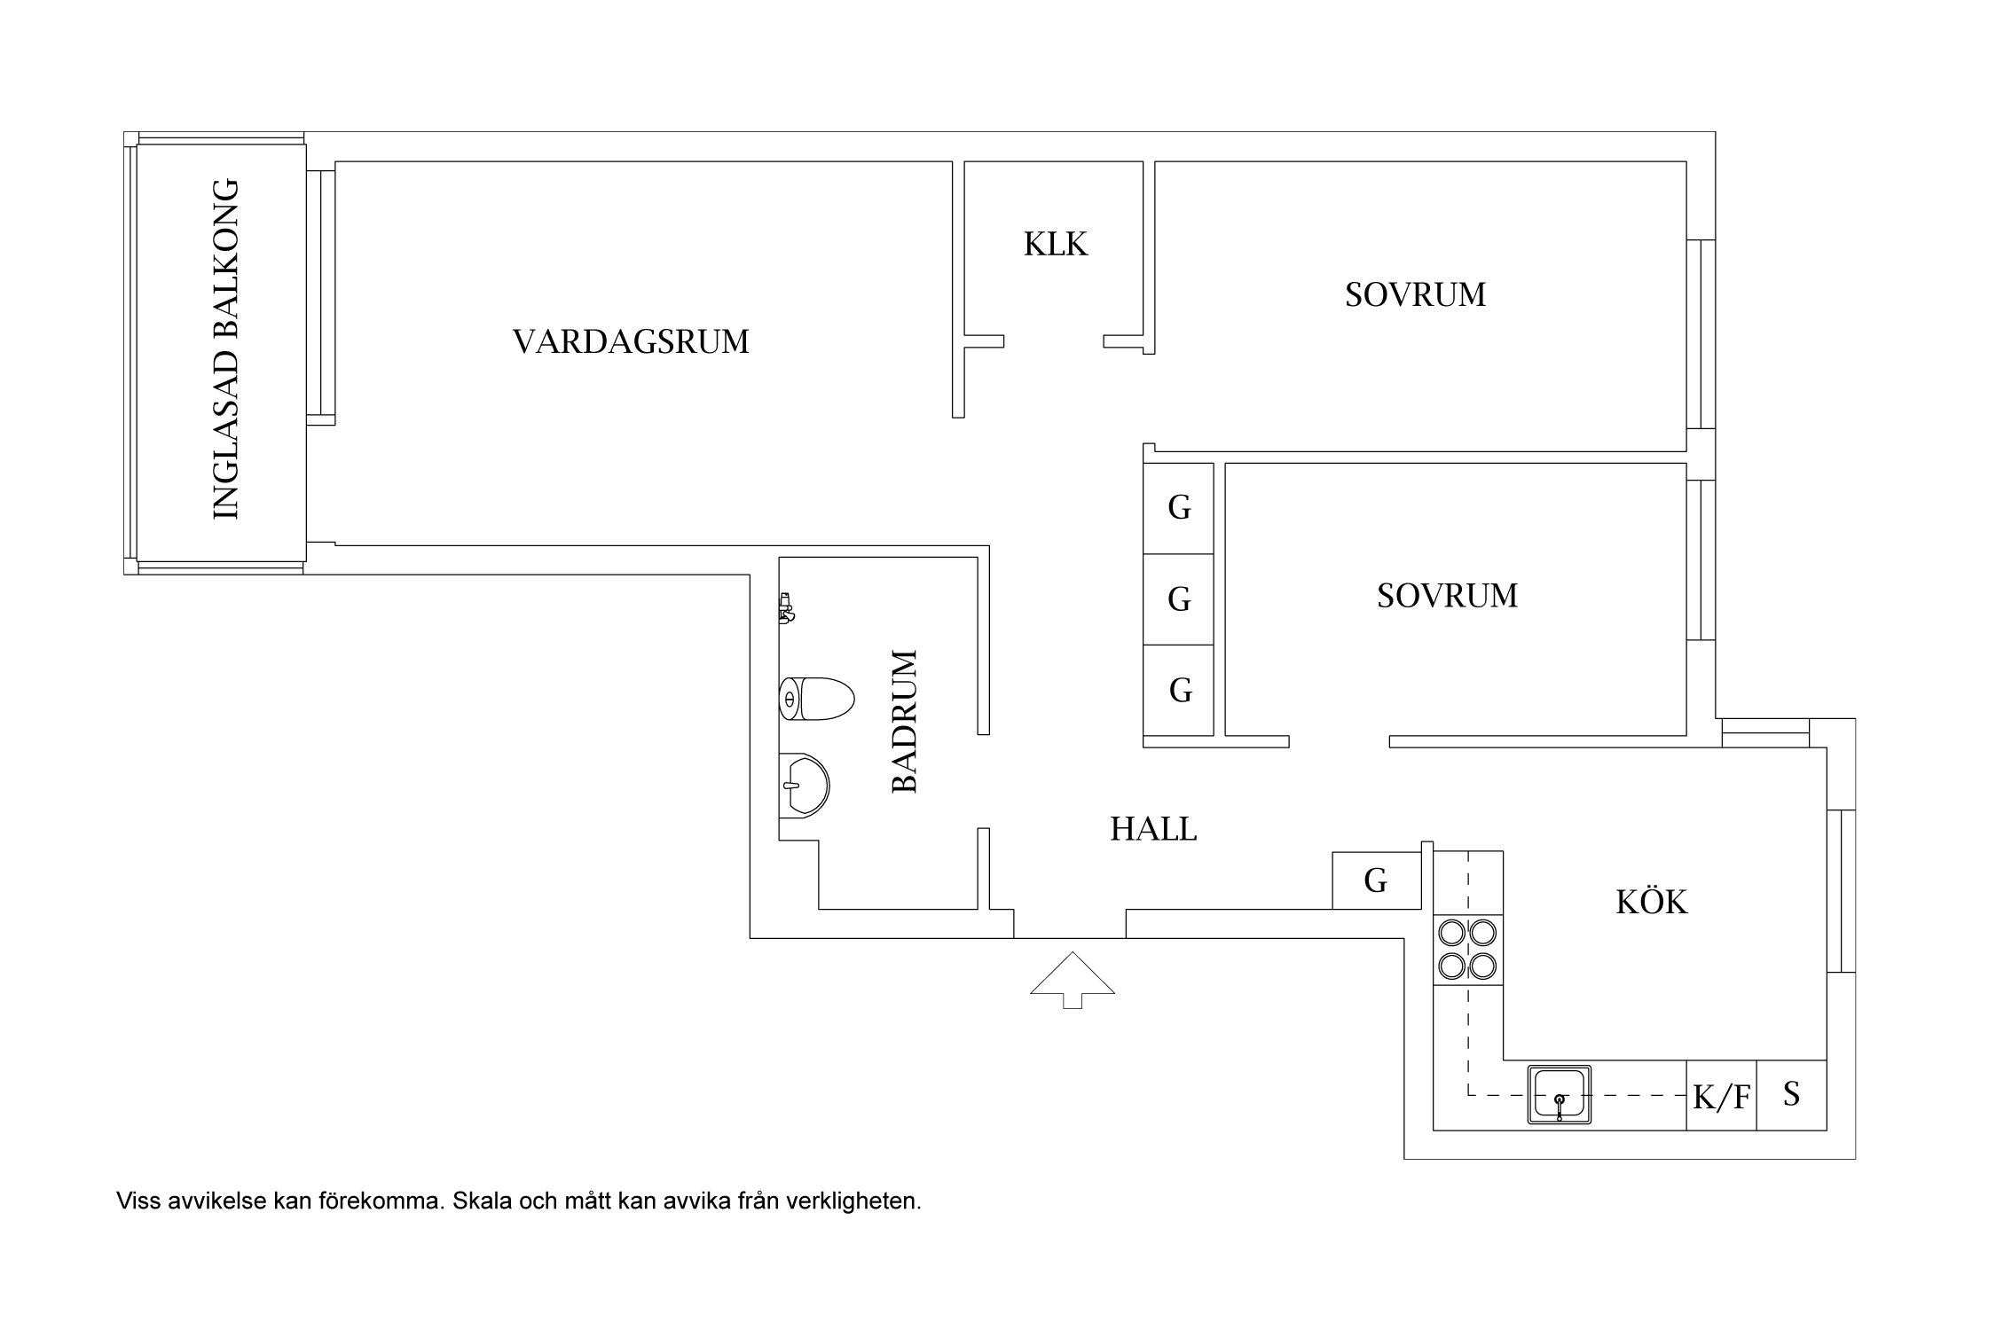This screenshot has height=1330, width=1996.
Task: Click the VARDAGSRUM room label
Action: [631, 341]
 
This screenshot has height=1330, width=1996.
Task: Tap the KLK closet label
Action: [1055, 244]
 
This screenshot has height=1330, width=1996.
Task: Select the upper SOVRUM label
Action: [1415, 294]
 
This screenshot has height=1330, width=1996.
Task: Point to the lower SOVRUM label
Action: [1447, 595]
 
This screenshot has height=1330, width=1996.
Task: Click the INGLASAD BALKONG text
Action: [226, 349]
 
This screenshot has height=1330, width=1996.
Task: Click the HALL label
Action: [1153, 829]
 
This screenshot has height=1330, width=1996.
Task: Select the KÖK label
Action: [1651, 902]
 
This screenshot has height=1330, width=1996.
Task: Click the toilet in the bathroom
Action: [816, 699]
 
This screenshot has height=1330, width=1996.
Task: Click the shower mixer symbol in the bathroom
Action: [786, 607]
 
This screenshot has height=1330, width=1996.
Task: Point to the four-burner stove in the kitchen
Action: [1467, 949]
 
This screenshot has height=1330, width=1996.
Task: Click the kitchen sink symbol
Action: [1559, 1095]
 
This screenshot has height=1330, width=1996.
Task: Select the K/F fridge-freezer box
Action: [1721, 1097]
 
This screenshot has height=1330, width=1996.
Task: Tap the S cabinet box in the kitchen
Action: [1791, 1095]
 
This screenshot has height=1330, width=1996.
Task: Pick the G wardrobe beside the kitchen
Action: [1376, 880]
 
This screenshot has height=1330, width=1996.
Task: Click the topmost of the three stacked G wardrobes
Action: [1178, 508]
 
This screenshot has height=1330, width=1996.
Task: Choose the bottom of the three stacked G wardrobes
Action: [1179, 690]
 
